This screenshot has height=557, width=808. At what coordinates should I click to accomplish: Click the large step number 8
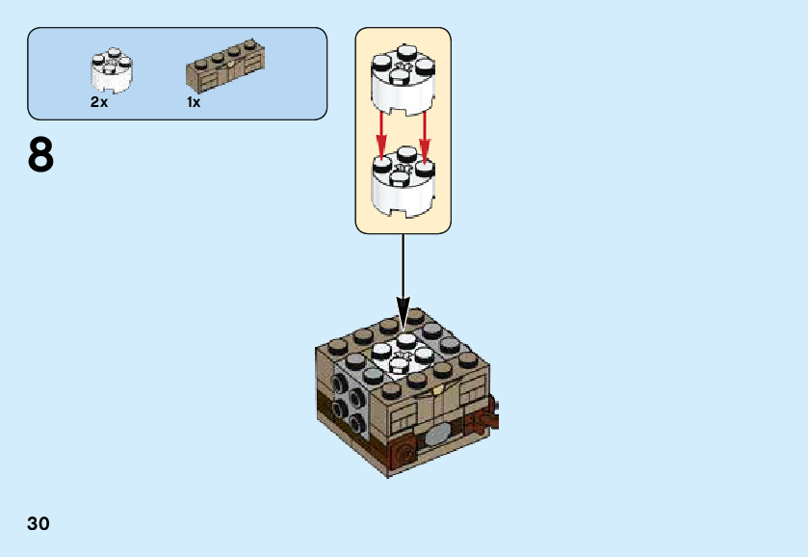(x=40, y=155)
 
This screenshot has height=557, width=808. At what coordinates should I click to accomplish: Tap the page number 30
(x=39, y=524)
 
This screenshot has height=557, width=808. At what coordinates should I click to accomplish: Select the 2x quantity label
(x=99, y=102)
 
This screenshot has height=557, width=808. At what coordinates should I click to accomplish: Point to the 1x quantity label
(x=194, y=102)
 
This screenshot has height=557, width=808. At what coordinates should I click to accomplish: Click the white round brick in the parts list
(x=112, y=69)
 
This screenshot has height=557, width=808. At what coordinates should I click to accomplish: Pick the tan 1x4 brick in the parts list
(x=223, y=66)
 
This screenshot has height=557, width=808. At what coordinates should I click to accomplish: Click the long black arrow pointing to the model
(x=404, y=270)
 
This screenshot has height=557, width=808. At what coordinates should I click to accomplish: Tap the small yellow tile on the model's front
(x=437, y=390)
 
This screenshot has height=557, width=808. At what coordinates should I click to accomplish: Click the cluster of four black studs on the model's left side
(x=348, y=406)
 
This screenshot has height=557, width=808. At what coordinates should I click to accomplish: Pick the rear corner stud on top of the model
(x=416, y=316)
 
